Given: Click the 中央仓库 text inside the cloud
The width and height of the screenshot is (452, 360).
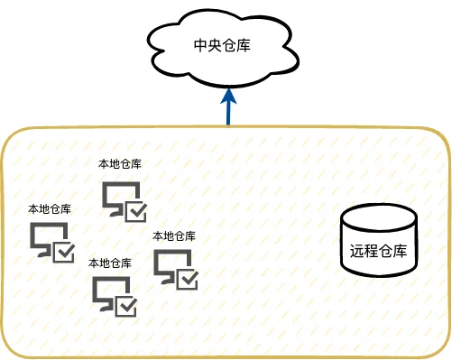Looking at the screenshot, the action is pos(222,46).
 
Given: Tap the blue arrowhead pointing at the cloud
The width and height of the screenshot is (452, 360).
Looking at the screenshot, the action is pos(228,96).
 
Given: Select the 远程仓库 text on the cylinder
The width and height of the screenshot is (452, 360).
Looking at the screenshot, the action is pos(378,251).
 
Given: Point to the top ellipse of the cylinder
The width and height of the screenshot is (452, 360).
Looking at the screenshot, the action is pos(379,217).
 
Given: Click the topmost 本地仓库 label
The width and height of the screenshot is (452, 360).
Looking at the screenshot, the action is pos(120,164).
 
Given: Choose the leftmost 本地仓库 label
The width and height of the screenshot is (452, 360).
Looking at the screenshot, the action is pos(50,209).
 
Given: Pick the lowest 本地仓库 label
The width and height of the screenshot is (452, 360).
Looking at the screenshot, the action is pos(110,263).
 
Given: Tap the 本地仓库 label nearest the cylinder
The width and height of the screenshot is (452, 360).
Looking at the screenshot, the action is pos(174,236).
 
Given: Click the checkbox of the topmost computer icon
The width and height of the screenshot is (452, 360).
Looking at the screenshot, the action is pos(136,212).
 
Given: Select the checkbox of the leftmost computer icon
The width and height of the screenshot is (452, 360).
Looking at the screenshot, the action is pos(63,252).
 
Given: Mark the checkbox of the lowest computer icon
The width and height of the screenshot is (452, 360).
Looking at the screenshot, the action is pos(125,306).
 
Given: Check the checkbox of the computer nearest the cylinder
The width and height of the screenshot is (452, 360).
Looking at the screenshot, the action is pos(187,279).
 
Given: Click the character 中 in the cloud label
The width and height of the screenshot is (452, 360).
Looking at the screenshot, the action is pos(200,46).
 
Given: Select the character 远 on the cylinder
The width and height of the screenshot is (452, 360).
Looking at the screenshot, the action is pos(357,251).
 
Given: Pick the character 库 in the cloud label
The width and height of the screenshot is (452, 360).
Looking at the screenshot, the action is pos(244,46).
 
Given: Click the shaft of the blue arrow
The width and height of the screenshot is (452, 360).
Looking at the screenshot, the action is pos(228,114).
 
